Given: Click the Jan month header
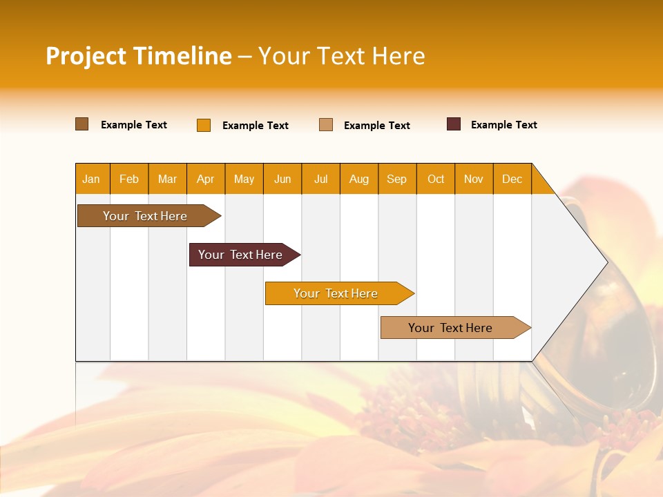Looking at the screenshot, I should click(92, 179).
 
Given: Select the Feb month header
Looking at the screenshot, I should click(129, 179).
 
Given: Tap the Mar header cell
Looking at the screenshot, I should click(167, 179).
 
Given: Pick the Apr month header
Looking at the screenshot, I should click(206, 179).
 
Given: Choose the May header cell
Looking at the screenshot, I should click(244, 179).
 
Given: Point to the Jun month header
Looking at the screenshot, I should click(282, 179).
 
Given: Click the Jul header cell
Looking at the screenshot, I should click(320, 179).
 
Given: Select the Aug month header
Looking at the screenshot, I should click(359, 179).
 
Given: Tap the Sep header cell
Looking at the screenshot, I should click(397, 179).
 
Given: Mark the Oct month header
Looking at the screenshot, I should click(436, 179).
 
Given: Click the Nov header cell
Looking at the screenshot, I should click(474, 179).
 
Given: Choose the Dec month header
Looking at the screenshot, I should click(512, 179).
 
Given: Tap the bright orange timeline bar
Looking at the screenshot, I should click(336, 293).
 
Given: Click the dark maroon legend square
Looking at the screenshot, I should click(454, 124).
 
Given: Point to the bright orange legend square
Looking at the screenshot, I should click(204, 125).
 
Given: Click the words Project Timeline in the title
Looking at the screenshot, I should click(138, 56).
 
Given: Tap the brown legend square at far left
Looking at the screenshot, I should click(82, 124).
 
